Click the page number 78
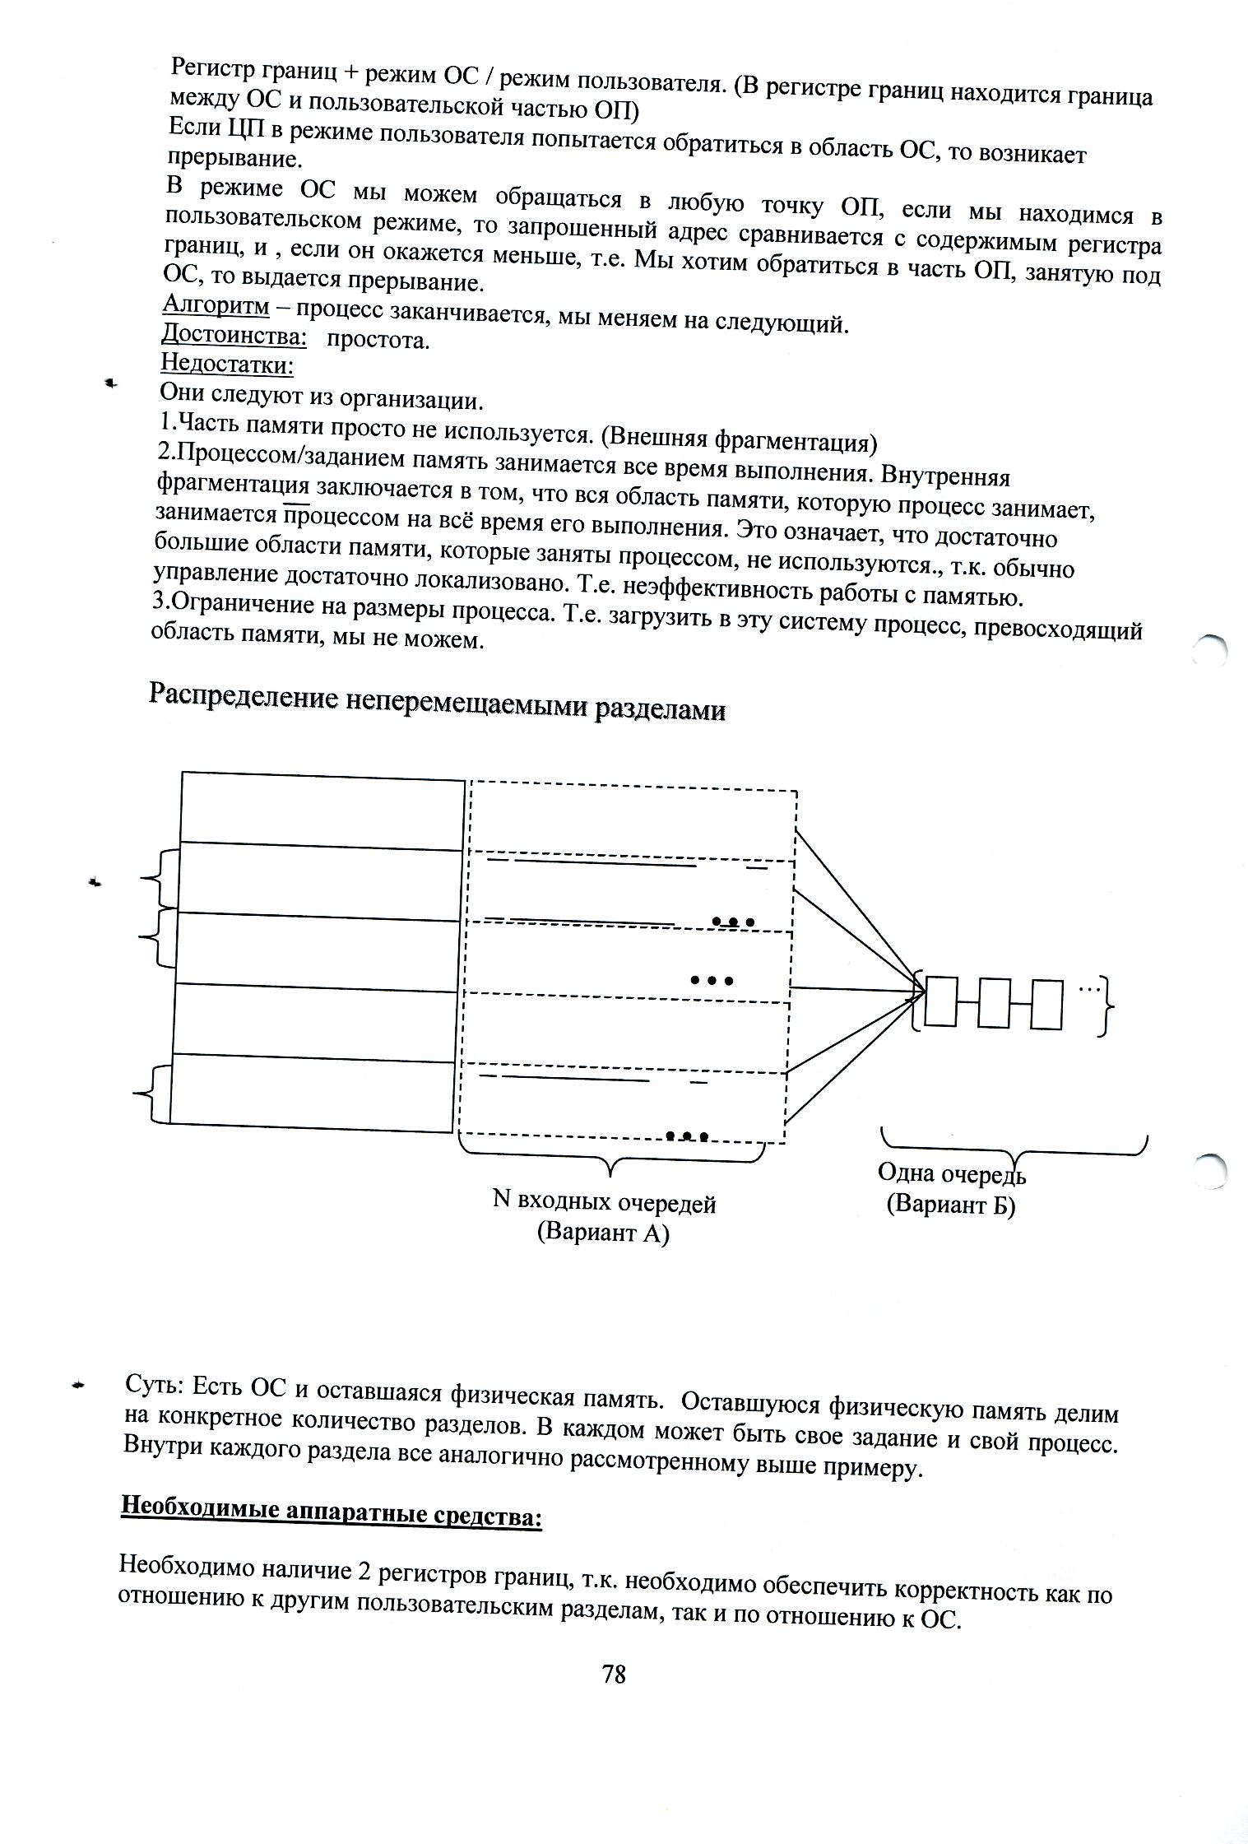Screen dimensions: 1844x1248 point(614,1673)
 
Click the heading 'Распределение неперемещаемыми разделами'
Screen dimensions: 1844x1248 point(437,703)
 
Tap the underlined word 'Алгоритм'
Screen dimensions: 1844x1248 point(216,305)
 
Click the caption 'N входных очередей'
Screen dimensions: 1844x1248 point(604,1203)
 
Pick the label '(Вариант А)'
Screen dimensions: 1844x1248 point(603,1233)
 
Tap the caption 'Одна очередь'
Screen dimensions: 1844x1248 point(952,1173)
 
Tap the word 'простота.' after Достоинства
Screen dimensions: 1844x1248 point(378,340)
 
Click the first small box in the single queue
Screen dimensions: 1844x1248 point(940,1001)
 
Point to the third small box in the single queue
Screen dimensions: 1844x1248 point(1046,1004)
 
